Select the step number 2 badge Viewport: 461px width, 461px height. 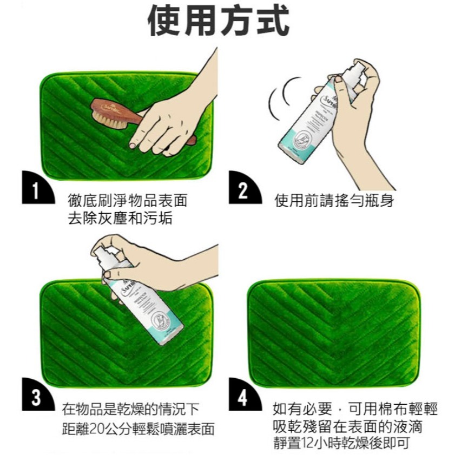tap(242, 190)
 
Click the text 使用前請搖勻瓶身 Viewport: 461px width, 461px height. tap(334, 202)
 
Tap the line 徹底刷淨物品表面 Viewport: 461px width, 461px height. tap(128, 202)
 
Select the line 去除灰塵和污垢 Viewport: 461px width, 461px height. tap(120, 218)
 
